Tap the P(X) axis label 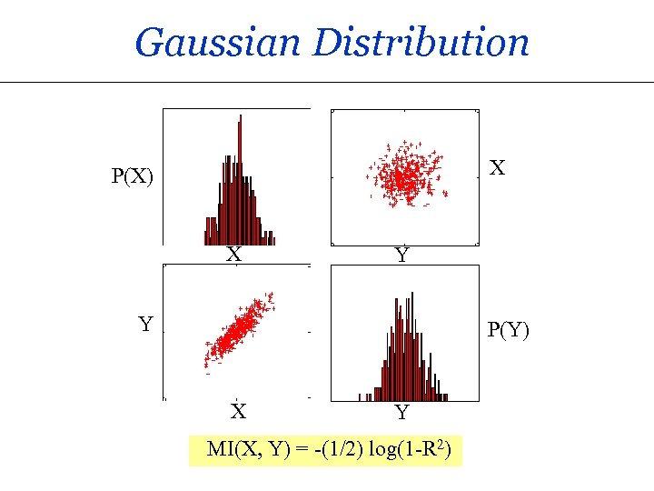click(133, 175)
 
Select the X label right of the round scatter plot click(497, 168)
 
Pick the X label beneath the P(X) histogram click(234, 256)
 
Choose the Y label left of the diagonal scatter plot click(144, 323)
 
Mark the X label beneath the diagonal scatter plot click(238, 412)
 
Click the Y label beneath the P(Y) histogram click(402, 414)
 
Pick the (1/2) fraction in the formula click(345, 449)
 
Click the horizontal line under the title click(327, 82)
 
